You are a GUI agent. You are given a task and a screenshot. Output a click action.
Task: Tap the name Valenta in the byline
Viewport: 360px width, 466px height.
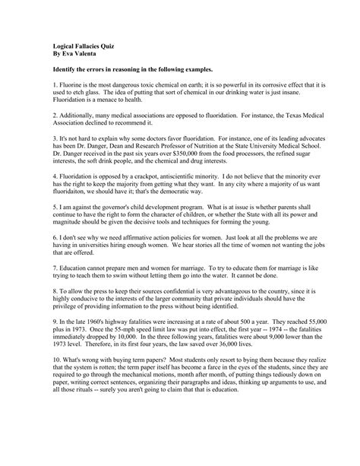tap(77, 54)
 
